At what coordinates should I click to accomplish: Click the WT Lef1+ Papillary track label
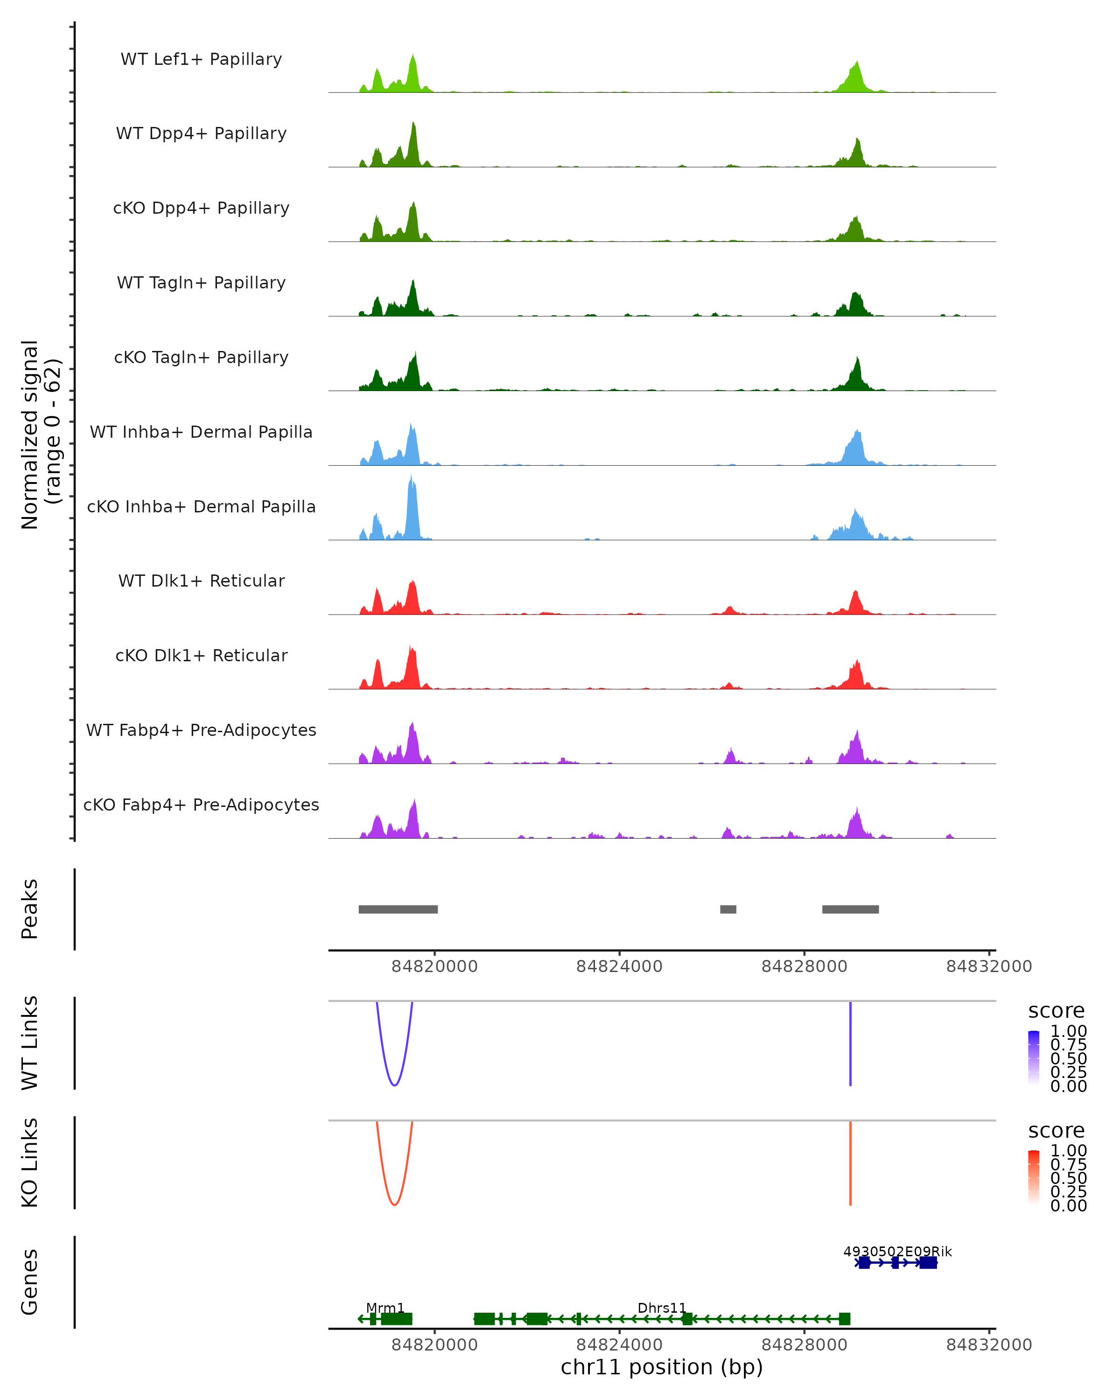[x=201, y=59]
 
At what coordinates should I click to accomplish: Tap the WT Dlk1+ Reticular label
[x=201, y=581]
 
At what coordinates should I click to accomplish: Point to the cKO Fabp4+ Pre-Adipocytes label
[x=201, y=805]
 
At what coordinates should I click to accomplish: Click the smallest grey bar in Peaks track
[x=728, y=909]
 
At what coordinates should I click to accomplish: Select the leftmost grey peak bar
[x=398, y=909]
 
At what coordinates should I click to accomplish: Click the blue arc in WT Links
[x=394, y=1085]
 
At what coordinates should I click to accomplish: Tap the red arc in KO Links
[x=394, y=1204]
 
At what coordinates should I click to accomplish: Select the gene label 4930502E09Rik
[x=897, y=1251]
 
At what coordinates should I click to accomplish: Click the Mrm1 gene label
[x=385, y=1308]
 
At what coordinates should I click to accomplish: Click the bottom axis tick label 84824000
[x=619, y=1345]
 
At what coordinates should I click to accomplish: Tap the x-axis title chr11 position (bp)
[x=662, y=1367]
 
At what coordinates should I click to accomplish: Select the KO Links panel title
[x=30, y=1162]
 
